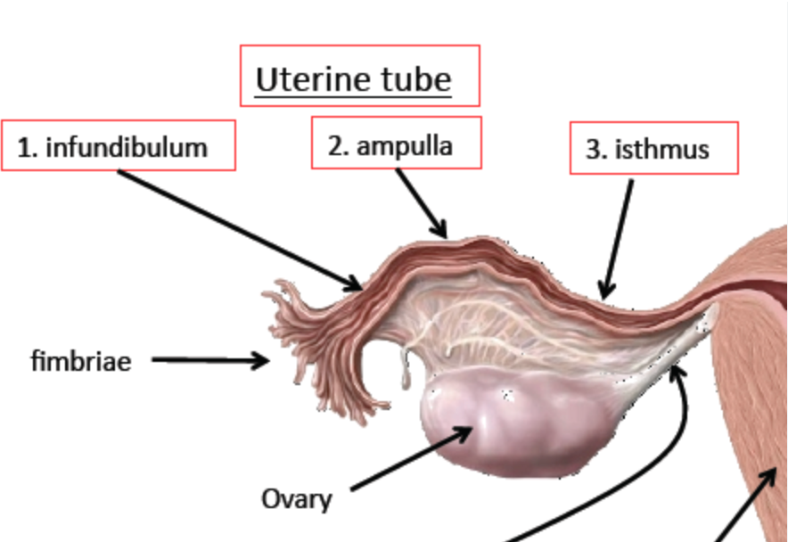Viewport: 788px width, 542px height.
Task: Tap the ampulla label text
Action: click(405, 146)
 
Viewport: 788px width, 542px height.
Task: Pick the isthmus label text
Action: click(661, 149)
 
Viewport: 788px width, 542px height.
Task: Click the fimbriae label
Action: click(81, 361)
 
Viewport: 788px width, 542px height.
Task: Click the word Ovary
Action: click(296, 497)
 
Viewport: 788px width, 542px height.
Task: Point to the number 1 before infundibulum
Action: click(28, 147)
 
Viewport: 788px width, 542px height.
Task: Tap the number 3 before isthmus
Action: click(595, 150)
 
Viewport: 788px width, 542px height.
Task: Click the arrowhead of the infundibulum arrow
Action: click(355, 284)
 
